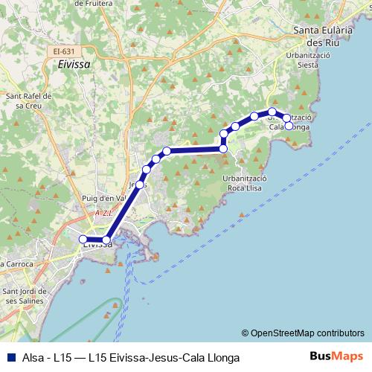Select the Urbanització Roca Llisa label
[245, 185]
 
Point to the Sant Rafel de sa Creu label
[28, 101]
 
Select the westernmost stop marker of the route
[83, 239]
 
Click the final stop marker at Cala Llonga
[289, 126]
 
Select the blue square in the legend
[10, 358]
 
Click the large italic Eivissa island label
[73, 65]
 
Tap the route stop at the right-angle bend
[223, 149]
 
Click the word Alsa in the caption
[31, 358]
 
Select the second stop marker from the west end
[106, 240]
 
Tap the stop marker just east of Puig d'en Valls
[140, 183]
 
